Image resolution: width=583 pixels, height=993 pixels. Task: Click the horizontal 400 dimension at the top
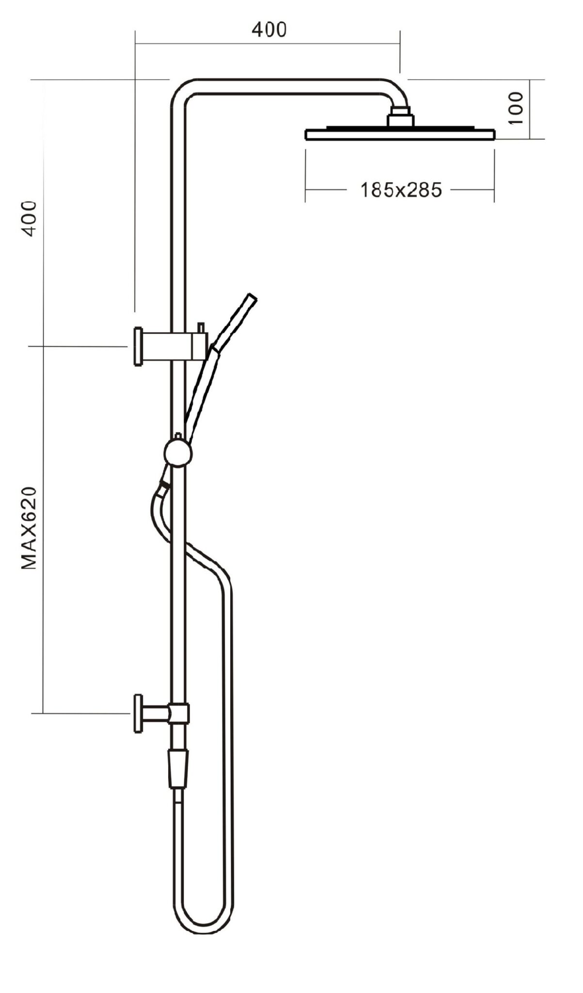click(269, 30)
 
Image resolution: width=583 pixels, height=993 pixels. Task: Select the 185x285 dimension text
click(401, 190)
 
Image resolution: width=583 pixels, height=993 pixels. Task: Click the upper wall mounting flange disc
click(138, 346)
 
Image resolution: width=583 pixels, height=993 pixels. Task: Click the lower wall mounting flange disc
click(138, 713)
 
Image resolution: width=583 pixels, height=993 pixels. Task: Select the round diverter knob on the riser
click(178, 452)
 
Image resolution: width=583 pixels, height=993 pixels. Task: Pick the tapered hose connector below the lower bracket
click(178, 769)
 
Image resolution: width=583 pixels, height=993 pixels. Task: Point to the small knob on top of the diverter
click(178, 435)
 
